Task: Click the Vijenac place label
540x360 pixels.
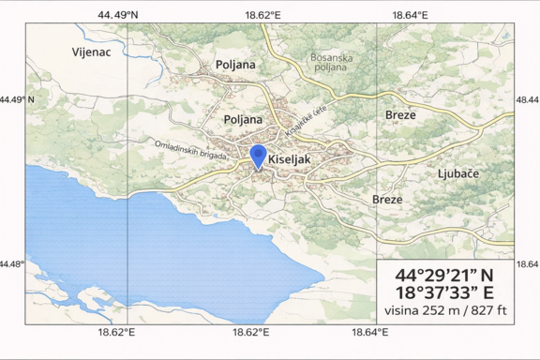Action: click(x=91, y=52)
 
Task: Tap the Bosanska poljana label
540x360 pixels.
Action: click(x=332, y=63)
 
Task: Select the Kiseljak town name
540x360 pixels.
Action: click(x=289, y=159)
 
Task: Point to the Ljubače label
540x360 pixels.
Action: click(x=458, y=174)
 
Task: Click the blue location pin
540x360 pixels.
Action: click(x=258, y=157)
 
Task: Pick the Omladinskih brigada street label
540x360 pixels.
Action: click(x=191, y=149)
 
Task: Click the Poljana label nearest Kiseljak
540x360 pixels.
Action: click(x=244, y=120)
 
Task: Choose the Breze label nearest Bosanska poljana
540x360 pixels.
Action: click(x=400, y=114)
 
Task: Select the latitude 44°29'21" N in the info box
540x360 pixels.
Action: click(x=443, y=276)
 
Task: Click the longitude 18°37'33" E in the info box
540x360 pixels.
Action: click(x=443, y=292)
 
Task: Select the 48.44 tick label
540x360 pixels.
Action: click(x=527, y=98)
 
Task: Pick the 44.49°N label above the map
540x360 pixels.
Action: click(x=116, y=15)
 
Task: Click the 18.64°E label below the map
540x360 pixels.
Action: click(x=370, y=332)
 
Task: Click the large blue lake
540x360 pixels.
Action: click(x=141, y=244)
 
